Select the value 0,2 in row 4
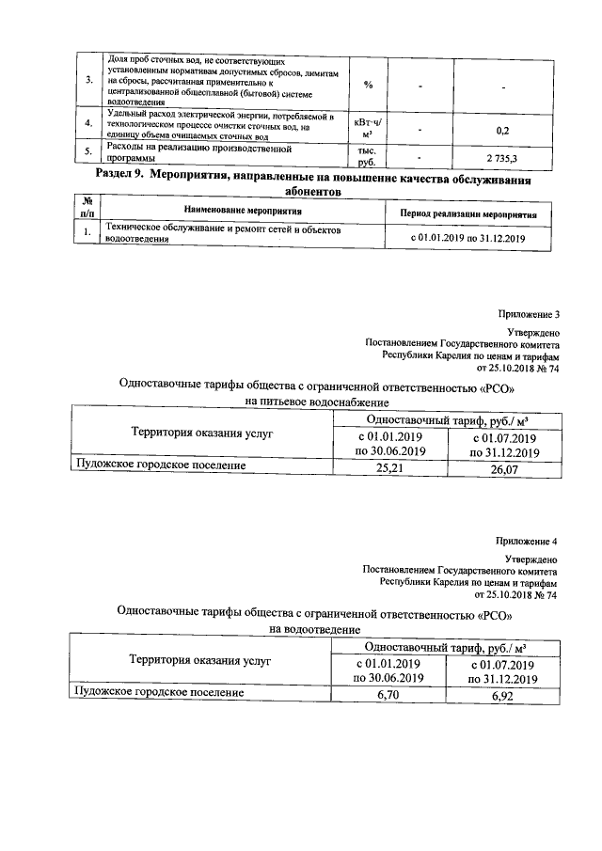tap(502, 130)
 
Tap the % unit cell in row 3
tap(368, 85)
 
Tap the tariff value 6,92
tap(504, 693)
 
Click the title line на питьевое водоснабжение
tap(315, 402)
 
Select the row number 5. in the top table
tap(87, 152)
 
